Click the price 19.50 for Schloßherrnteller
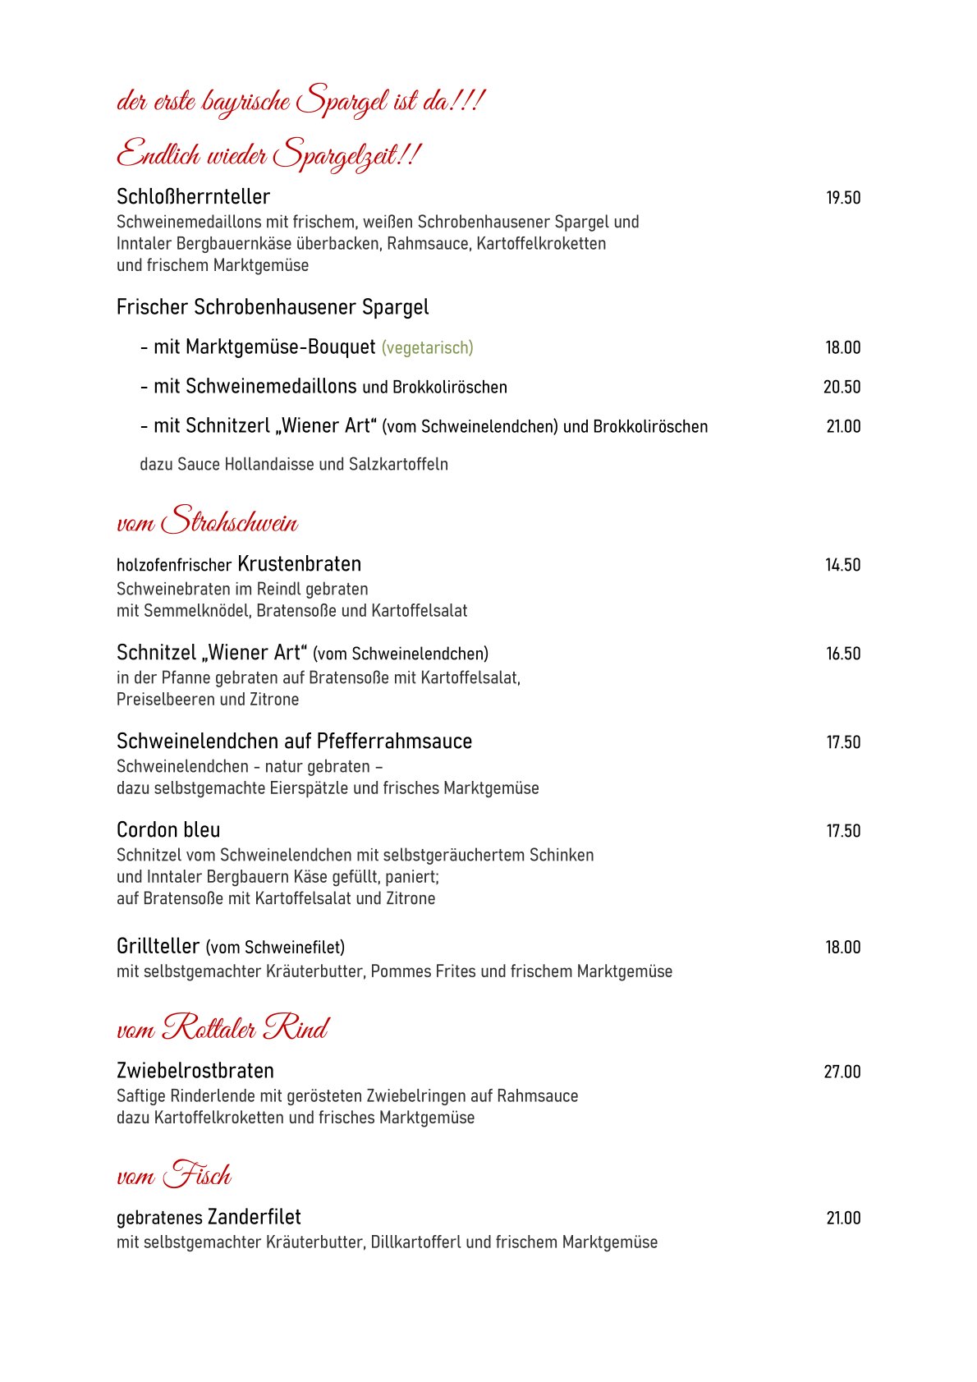point(843,198)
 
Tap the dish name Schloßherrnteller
point(193,197)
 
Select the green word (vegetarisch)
point(427,348)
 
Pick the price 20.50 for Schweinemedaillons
point(842,387)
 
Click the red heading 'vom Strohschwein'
point(207,521)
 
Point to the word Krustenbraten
point(299,564)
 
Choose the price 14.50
point(842,565)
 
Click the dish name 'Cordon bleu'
point(168,830)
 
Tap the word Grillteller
point(158,947)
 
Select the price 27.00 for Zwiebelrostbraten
point(842,1072)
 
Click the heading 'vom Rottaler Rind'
point(222,1028)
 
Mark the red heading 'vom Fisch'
point(174,1175)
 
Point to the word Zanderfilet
point(255,1217)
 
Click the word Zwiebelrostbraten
point(195,1071)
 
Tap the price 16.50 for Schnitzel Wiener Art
point(843,654)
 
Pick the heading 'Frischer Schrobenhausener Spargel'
point(273,307)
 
